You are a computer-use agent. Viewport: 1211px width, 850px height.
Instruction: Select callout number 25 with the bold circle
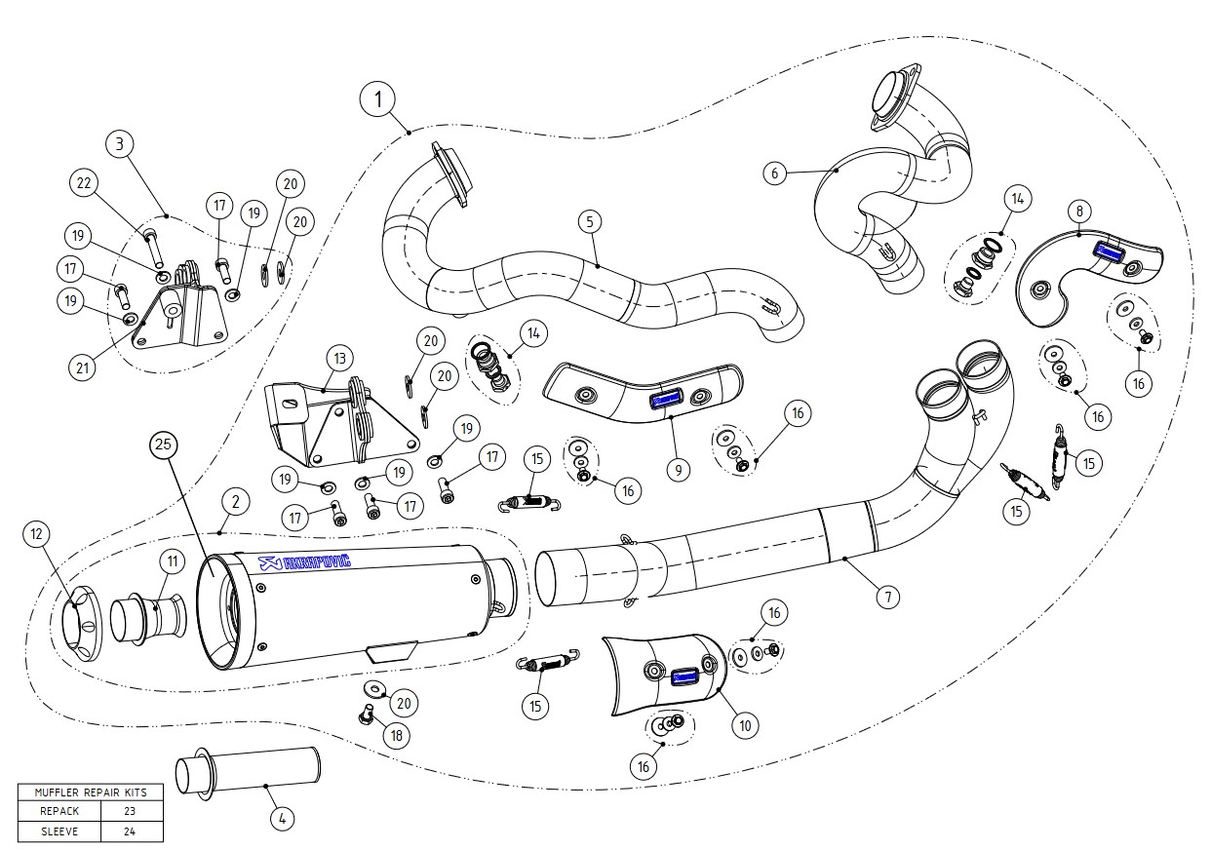(x=164, y=445)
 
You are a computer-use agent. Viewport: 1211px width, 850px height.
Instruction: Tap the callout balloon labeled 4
(x=281, y=819)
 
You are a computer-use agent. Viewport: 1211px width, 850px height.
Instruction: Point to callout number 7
(x=887, y=596)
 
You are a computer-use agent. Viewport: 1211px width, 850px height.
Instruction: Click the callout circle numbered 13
(x=339, y=359)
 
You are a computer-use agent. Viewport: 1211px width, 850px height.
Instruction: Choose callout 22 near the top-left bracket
(x=84, y=182)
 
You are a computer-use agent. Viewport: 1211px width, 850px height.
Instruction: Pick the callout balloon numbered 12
(x=37, y=533)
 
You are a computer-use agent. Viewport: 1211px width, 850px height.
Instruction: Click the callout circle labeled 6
(x=774, y=174)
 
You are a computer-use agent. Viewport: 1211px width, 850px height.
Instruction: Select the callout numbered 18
(x=396, y=735)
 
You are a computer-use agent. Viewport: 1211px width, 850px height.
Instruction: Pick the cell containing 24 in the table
(x=130, y=831)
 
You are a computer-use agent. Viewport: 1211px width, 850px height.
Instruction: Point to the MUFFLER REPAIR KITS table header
(x=91, y=792)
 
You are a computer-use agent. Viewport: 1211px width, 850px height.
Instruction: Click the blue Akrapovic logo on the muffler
(x=304, y=561)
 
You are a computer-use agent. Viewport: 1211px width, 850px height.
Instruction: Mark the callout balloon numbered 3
(x=118, y=145)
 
